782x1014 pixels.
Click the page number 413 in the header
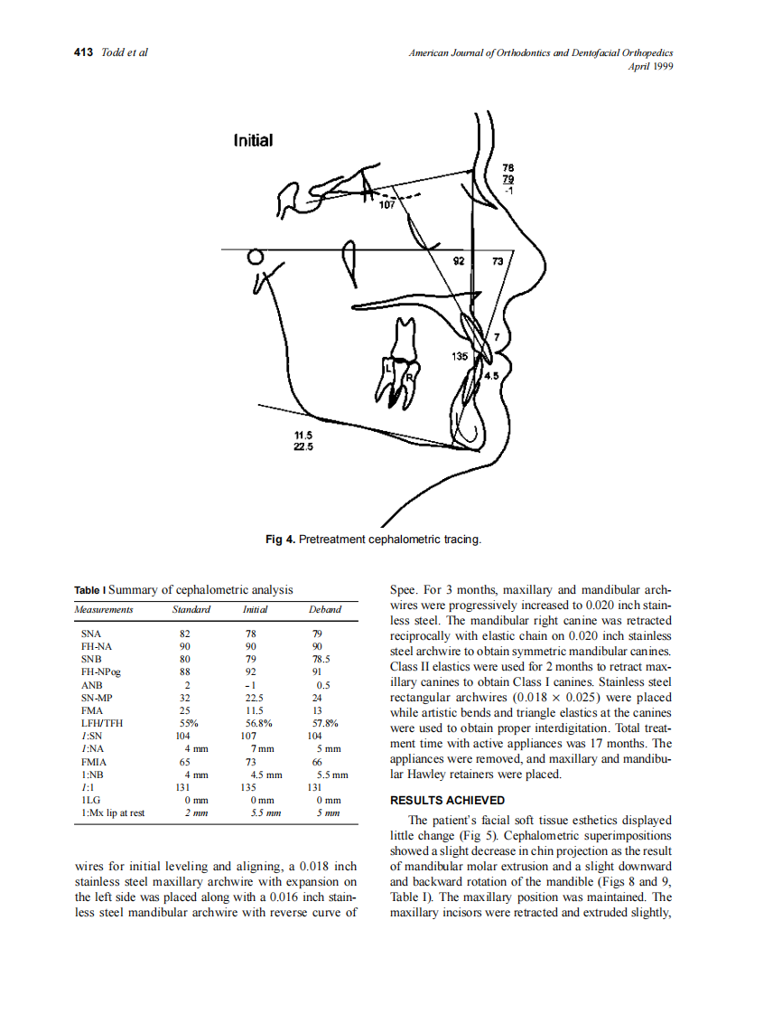pos(83,52)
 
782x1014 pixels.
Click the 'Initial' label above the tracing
pos(253,140)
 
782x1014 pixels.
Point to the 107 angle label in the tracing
pos(387,205)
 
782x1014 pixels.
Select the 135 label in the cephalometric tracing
pos(460,357)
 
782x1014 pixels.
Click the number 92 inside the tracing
pos(459,260)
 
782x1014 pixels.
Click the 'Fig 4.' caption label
pos(280,540)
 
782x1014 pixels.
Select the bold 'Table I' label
pos(89,590)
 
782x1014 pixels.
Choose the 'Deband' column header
pos(325,609)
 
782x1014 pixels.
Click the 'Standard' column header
pos(191,609)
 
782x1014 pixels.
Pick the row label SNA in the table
pos(90,634)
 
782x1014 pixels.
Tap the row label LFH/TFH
pos(101,723)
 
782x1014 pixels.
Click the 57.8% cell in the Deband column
pos(324,723)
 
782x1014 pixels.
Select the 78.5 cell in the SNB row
pos(321,660)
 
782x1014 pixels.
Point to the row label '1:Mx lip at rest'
pos(113,812)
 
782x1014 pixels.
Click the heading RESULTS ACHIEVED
pos(447,800)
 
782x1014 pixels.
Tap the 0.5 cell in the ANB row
pos(324,685)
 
